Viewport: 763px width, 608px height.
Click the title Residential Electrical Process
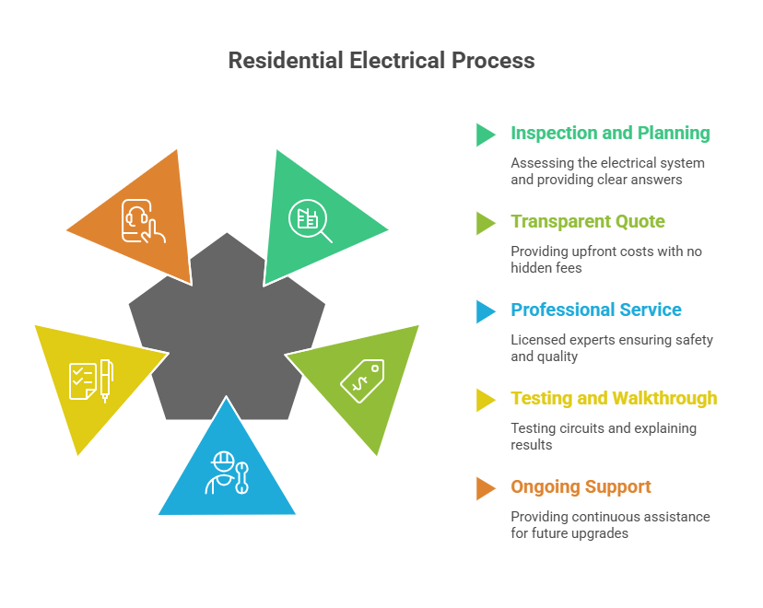click(381, 61)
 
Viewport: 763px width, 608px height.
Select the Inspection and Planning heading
click(610, 134)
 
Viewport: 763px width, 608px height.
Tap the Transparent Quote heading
click(588, 222)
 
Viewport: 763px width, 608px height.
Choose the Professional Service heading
click(596, 310)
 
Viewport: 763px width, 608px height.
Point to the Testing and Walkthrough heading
click(614, 399)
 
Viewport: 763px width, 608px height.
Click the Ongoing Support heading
click(581, 487)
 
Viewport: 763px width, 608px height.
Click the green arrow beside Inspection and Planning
click(486, 134)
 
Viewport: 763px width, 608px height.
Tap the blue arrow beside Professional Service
click(486, 311)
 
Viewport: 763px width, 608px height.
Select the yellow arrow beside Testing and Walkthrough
click(486, 400)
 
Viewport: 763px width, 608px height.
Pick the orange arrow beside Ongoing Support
click(486, 488)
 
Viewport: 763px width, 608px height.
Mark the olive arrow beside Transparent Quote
click(486, 223)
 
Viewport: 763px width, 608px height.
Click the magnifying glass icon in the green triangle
click(310, 222)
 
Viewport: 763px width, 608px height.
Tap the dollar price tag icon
click(362, 379)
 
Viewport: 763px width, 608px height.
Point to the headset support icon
click(143, 222)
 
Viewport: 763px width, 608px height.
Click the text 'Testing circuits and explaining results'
click(604, 437)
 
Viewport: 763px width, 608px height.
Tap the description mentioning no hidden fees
click(605, 260)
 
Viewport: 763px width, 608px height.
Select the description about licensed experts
click(612, 348)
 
